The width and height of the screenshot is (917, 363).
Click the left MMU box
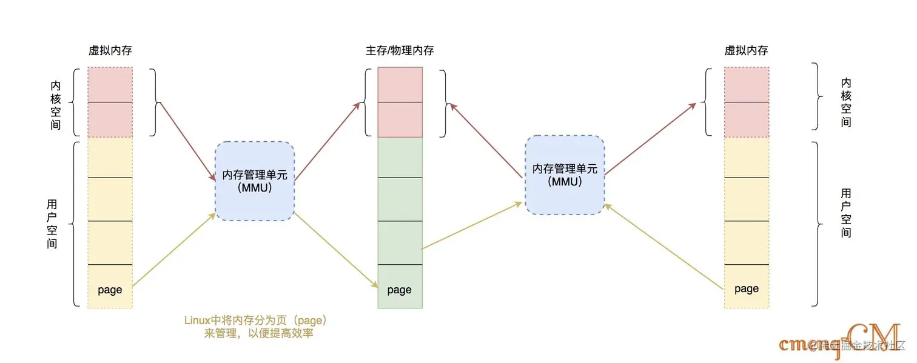click(x=255, y=181)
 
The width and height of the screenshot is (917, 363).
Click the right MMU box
click(x=564, y=175)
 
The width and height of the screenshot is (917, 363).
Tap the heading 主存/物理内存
click(x=400, y=51)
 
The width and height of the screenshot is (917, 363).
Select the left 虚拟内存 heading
click(x=110, y=51)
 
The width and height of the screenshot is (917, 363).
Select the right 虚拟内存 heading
click(x=746, y=51)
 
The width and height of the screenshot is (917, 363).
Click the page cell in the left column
click(x=110, y=290)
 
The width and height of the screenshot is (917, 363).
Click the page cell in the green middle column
click(x=400, y=290)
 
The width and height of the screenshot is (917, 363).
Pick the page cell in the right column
click(x=746, y=288)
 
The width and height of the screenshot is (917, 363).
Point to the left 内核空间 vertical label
click(x=56, y=102)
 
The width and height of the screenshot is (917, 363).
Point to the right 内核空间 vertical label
click(x=846, y=102)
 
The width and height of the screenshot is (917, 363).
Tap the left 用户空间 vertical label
click(x=53, y=224)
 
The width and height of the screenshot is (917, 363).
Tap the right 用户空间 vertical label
click(x=846, y=213)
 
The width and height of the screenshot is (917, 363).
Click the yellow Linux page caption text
click(x=259, y=326)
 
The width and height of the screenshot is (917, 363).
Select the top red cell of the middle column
click(x=400, y=84)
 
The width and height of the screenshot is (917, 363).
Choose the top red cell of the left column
click(x=110, y=84)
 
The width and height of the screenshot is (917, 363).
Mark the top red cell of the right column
click(x=746, y=84)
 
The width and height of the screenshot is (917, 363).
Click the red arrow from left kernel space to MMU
click(x=188, y=143)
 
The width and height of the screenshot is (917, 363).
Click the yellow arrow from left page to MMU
click(x=175, y=249)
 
